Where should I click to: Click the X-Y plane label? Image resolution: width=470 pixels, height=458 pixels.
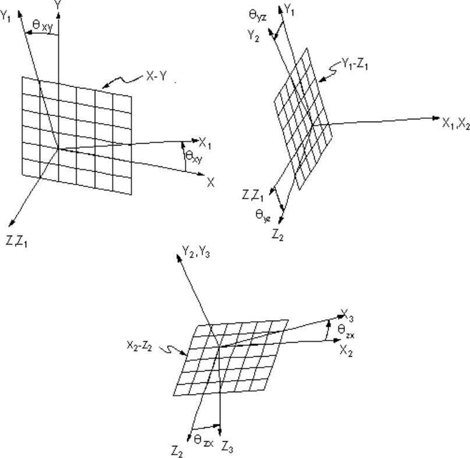click(155, 76)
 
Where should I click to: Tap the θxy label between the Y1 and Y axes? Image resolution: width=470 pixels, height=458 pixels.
click(40, 25)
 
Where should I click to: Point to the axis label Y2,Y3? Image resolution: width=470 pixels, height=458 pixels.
click(193, 251)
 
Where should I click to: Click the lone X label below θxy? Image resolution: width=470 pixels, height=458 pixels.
click(211, 182)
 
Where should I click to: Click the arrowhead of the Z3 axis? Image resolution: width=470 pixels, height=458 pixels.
click(219, 427)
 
